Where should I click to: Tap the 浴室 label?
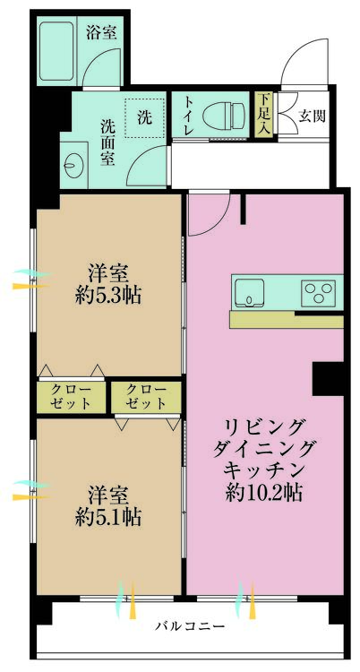point(101,32)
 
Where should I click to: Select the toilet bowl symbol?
point(223,116)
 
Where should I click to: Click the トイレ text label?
point(188,116)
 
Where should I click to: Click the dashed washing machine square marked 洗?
point(144,117)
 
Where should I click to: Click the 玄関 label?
point(312,116)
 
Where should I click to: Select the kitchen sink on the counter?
point(249,291)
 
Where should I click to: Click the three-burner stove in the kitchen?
point(319,291)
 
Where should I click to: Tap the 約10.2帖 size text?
point(265,493)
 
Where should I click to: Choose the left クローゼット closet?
point(71,397)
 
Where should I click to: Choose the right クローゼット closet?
point(146,397)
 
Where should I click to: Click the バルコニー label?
point(190,626)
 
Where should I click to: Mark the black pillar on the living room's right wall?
point(329,378)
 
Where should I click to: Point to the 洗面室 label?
point(107,142)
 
